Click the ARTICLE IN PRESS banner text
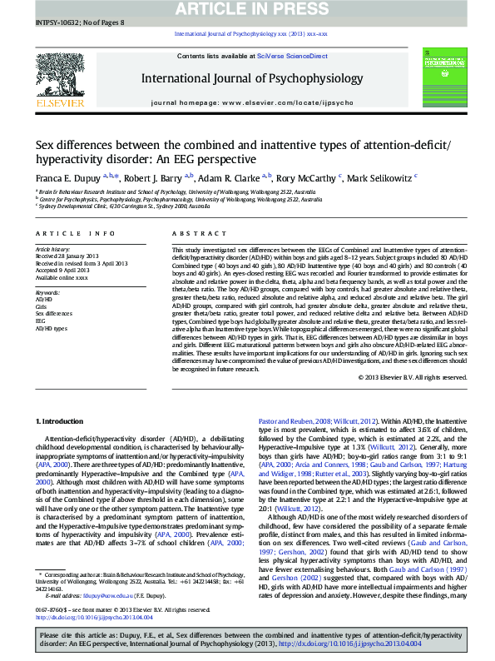250,9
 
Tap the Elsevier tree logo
60,78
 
